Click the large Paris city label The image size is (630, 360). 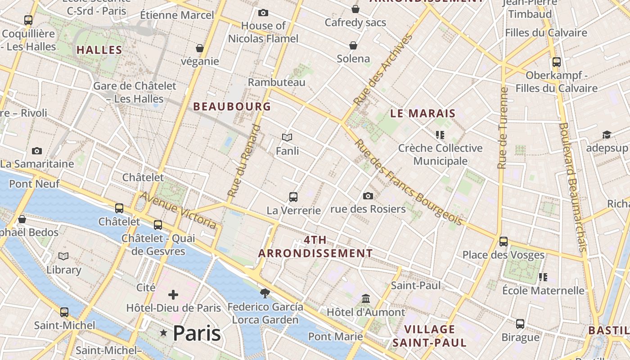[x=197, y=333]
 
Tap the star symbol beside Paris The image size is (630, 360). [x=163, y=333]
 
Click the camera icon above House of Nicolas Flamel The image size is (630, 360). [x=263, y=13]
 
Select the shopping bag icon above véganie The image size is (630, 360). [x=200, y=48]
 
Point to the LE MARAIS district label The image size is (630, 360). [x=423, y=113]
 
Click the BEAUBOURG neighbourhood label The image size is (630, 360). [x=232, y=107]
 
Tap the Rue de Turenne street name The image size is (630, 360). [x=503, y=128]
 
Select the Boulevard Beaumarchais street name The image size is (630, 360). [x=572, y=187]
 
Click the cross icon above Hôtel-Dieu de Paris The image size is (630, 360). [x=173, y=295]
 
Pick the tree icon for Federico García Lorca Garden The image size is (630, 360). [x=265, y=293]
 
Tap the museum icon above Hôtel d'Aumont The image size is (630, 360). [x=366, y=299]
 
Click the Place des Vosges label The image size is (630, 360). [x=503, y=255]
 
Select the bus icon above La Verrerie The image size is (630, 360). [x=293, y=197]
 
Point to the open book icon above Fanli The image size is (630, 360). [x=287, y=138]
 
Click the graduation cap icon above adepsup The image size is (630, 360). [x=607, y=135]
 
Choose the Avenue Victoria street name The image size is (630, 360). [x=179, y=210]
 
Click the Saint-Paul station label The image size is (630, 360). [x=415, y=285]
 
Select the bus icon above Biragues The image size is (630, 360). [x=520, y=324]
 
